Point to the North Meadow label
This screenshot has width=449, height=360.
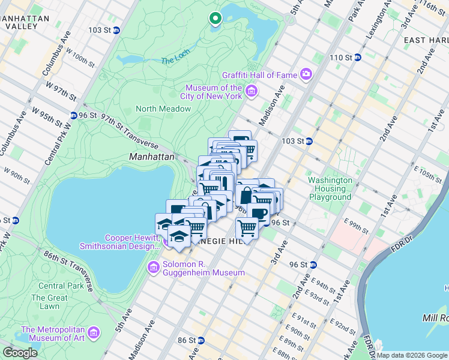pos(163,109)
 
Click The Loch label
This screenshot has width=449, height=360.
pos(174,61)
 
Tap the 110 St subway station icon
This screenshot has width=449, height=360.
pos(357,58)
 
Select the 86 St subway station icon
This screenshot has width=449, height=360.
pos(201,340)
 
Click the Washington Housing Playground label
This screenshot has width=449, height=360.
pos(330,188)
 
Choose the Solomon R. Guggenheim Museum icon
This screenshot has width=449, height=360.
pos(154,266)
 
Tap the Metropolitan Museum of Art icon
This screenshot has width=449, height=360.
pos(94,332)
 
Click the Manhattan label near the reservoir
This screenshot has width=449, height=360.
pos(151,157)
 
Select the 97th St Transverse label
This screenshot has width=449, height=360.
pos(128,133)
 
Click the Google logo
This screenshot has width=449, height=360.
pos(20,353)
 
